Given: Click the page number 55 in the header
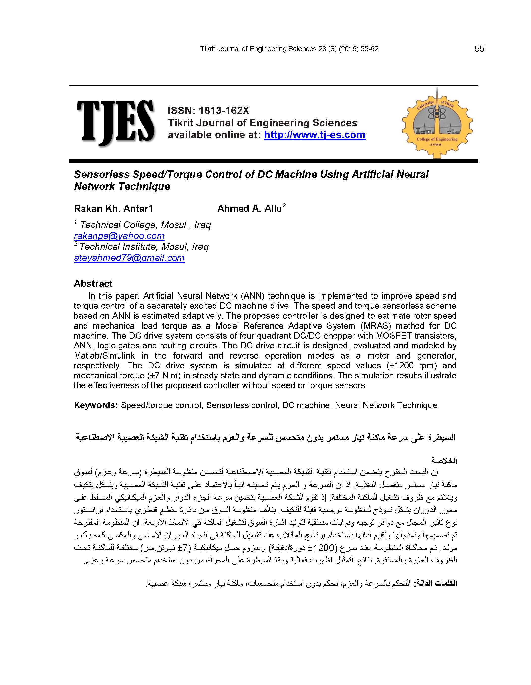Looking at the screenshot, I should pyautogui.click(x=479, y=49).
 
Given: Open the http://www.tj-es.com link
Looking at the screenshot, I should pyautogui.click(x=314, y=135).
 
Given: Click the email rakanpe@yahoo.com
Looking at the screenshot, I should pyautogui.click(x=119, y=236).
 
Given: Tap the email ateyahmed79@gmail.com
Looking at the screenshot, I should pyautogui.click(x=129, y=258).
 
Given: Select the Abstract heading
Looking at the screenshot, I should pyautogui.click(x=93, y=284).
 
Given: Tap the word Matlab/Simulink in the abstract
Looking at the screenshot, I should pyautogui.click(x=104, y=356).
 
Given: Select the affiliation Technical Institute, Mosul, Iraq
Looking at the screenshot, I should pyautogui.click(x=144, y=247).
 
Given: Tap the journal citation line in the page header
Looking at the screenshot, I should pyautogui.click(x=289, y=49).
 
